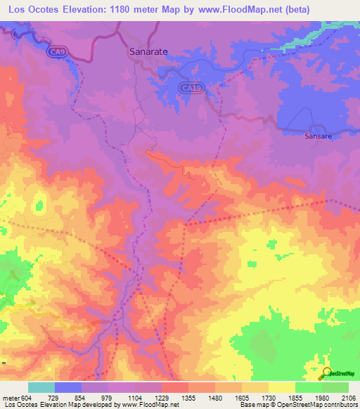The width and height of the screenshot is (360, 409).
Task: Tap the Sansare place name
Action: (317, 136)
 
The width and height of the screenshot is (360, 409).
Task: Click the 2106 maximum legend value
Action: (349, 398)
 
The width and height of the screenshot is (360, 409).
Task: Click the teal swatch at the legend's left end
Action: (41, 387)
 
